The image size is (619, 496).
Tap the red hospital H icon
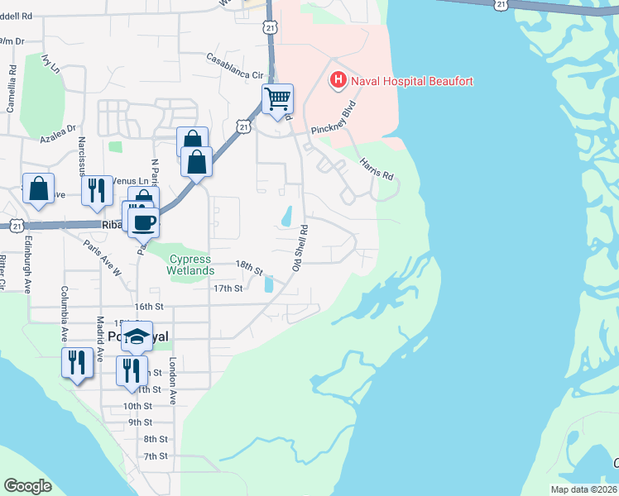point(338,80)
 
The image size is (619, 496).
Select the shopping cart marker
point(277,99)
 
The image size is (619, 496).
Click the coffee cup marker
point(142,221)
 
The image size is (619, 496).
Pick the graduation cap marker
point(137,336)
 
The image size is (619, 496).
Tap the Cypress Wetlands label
point(190,265)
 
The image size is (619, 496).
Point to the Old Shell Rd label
point(300,247)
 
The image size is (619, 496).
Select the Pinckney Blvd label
point(333,120)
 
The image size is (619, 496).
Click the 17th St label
point(228,289)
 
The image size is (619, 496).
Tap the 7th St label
point(156,456)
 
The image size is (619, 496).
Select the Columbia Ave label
point(63,314)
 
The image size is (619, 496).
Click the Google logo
point(28,485)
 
